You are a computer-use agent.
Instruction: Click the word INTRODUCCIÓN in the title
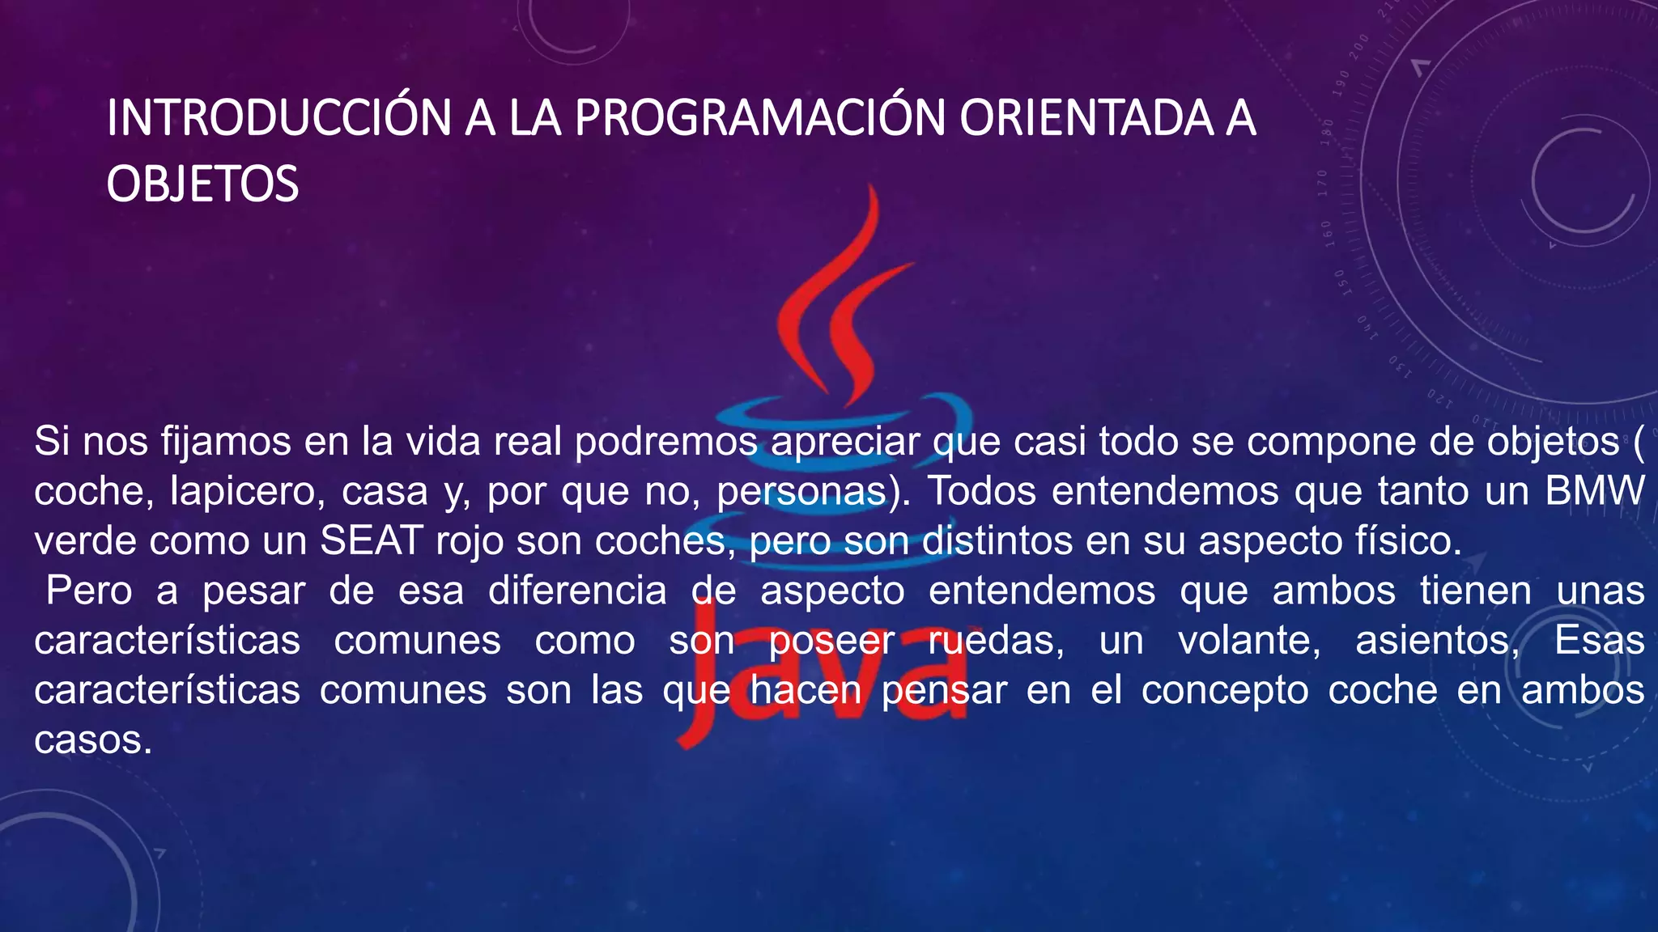click(278, 118)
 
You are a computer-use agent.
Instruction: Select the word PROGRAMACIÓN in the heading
click(759, 118)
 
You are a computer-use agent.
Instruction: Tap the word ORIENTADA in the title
click(1086, 118)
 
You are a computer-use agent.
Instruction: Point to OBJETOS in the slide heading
click(202, 184)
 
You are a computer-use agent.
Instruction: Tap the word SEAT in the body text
click(372, 541)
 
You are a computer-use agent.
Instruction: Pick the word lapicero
click(242, 492)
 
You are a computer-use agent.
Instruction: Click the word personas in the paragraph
click(801, 492)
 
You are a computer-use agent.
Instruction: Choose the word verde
click(85, 541)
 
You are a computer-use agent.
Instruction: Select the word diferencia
click(577, 591)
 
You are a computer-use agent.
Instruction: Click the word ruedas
click(995, 641)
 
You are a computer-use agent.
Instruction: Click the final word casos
click(92, 740)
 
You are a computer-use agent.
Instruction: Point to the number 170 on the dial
click(1322, 184)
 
